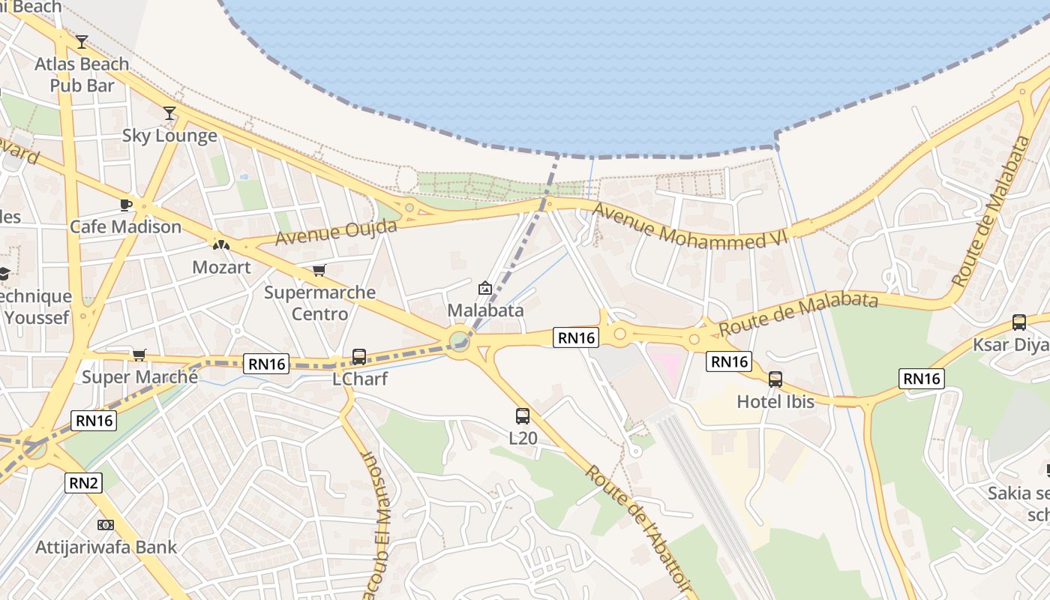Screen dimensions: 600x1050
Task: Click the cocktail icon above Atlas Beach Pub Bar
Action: coord(82,41)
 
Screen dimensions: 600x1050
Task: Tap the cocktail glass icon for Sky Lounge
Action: coord(169,113)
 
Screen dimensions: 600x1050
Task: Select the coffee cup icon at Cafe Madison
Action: coord(126,205)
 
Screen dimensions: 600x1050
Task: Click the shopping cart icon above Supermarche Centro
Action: coord(319,270)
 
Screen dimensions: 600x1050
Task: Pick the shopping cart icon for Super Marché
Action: coord(139,355)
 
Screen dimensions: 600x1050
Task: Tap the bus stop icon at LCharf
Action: coord(359,357)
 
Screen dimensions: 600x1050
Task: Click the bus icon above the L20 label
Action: coord(523,415)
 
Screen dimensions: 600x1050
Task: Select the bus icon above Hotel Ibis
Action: coord(775,379)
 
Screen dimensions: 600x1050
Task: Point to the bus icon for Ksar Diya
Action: coord(1019,322)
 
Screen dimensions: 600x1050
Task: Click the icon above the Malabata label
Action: coord(485,288)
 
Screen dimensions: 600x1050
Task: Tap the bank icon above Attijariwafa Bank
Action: coord(106,525)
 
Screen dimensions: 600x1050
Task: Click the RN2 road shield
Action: coord(84,483)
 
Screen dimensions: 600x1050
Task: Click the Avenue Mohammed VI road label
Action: coord(689,226)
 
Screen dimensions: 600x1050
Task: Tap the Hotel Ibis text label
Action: coord(775,401)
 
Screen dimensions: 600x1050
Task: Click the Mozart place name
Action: coord(221,267)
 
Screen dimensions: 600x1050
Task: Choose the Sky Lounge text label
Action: coord(169,136)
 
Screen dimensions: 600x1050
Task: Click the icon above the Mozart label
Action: coord(220,244)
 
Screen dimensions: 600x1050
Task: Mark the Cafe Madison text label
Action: coord(126,226)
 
